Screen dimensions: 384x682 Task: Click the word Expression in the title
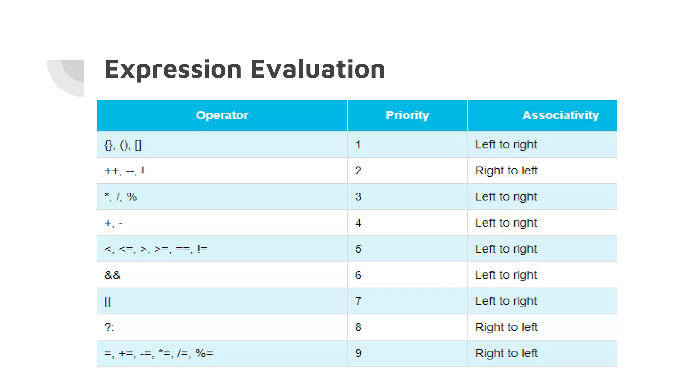(173, 69)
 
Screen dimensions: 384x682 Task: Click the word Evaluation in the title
(318, 69)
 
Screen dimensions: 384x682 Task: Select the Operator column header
(222, 115)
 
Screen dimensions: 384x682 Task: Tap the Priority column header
(407, 115)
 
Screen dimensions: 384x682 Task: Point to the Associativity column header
(560, 115)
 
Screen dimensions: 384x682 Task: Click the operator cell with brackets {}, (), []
(123, 145)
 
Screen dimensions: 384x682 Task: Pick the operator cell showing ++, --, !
(124, 171)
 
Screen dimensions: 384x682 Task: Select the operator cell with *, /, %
(121, 197)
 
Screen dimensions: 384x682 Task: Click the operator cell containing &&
(113, 275)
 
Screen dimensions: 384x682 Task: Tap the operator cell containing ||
(107, 302)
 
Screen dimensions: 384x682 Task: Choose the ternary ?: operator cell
(109, 327)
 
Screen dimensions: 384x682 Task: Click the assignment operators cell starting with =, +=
(159, 353)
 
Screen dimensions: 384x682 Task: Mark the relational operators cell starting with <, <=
(156, 249)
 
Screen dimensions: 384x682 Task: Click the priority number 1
(358, 145)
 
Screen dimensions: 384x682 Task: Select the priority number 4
(358, 223)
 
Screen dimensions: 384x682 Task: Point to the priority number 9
(358, 353)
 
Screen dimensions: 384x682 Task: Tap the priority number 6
(358, 275)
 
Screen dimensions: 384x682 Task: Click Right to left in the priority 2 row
(506, 171)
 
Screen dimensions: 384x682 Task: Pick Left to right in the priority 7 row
(506, 301)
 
